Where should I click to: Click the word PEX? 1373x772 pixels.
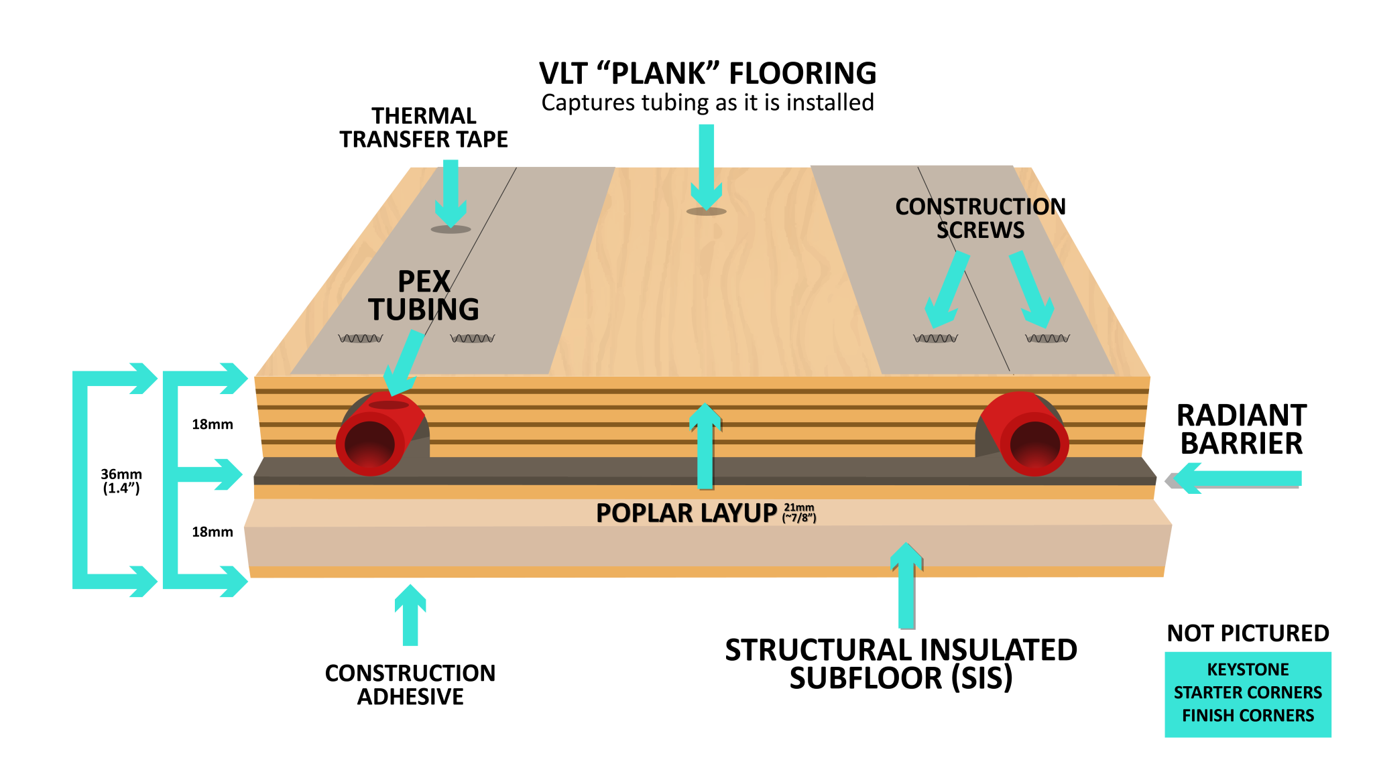point(424,281)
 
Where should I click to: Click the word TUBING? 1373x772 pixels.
point(424,310)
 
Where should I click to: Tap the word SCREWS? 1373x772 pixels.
point(980,231)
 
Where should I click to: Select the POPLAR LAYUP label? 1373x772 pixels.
point(686,513)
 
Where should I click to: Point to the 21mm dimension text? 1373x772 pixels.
point(799,508)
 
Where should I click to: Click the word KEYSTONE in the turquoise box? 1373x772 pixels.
point(1248,669)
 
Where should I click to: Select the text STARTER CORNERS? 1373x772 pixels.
point(1248,692)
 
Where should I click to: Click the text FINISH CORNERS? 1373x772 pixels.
point(1248,716)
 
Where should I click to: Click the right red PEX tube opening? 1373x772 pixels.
point(1034,444)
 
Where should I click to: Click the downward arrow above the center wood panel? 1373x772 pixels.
point(706,168)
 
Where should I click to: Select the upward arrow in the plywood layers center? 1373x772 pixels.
point(705,446)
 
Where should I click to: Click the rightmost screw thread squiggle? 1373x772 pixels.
point(1047,338)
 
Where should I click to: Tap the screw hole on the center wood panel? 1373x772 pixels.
point(706,212)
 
